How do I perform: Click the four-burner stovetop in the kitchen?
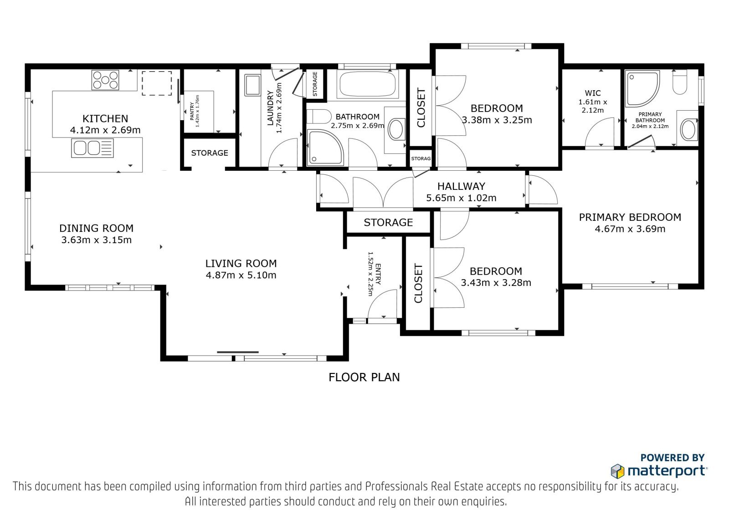click(x=105, y=80)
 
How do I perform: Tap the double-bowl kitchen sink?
click(x=92, y=148)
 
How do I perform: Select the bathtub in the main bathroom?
click(x=368, y=84)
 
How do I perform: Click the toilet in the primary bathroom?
click(x=679, y=82)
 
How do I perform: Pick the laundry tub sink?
click(x=252, y=85)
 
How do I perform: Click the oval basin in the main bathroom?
click(x=397, y=130)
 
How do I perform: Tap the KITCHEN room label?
click(x=105, y=118)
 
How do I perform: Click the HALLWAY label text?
click(x=461, y=186)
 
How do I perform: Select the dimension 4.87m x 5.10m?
click(x=241, y=275)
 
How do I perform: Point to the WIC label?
click(x=593, y=93)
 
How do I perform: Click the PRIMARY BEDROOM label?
click(x=630, y=217)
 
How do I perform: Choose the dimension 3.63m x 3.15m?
click(x=96, y=240)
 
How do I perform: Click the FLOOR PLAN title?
click(x=364, y=377)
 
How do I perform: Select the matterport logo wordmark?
click(x=667, y=471)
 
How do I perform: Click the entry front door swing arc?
click(x=378, y=297)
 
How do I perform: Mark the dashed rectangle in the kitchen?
click(x=157, y=83)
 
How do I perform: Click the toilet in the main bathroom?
click(x=318, y=116)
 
